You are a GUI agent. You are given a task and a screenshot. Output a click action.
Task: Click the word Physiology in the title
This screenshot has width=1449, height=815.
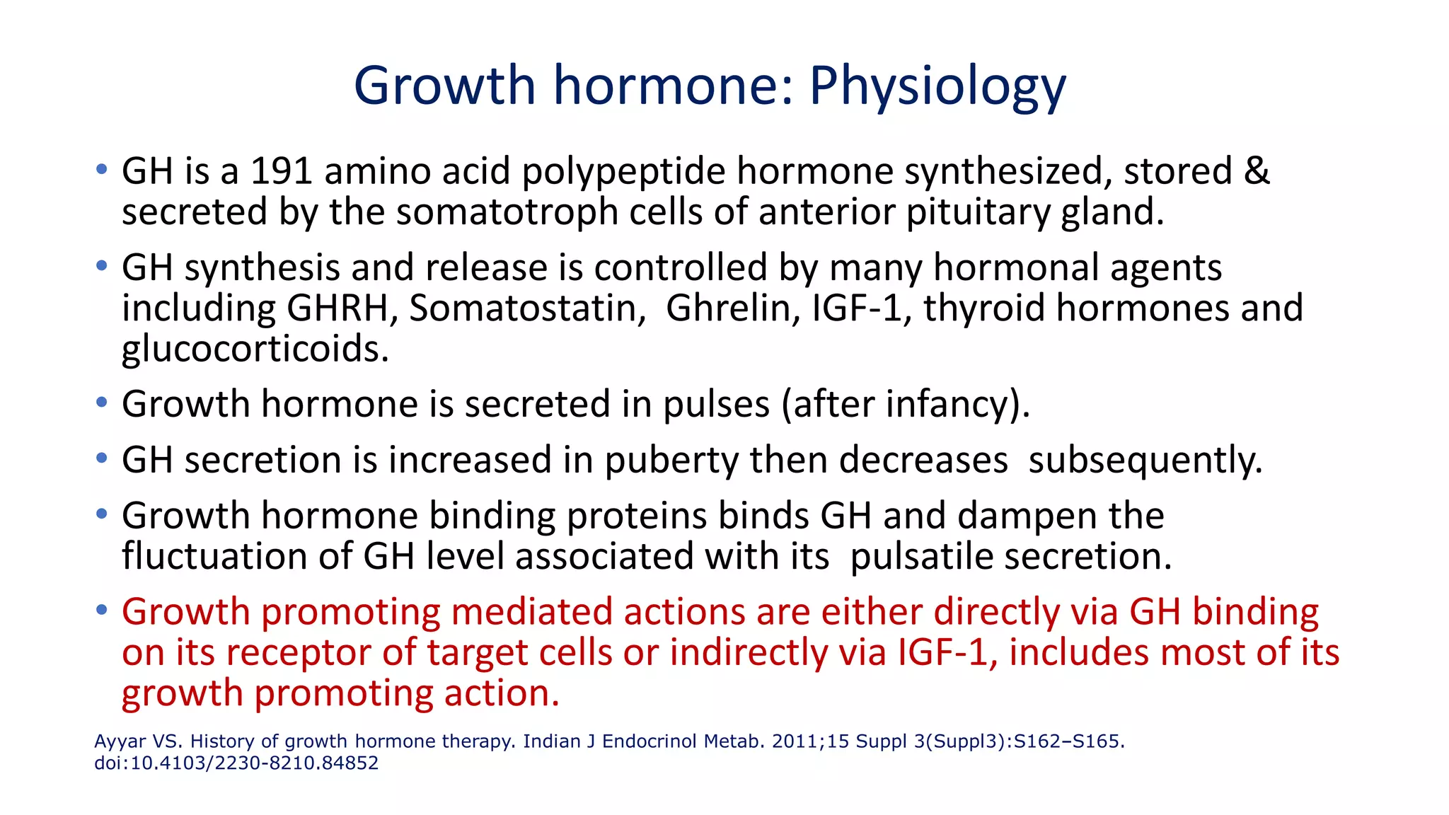(x=937, y=86)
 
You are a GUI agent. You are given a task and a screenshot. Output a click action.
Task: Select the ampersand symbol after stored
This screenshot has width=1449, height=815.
(x=1256, y=172)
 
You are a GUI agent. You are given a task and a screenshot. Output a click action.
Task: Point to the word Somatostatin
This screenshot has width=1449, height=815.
(x=527, y=308)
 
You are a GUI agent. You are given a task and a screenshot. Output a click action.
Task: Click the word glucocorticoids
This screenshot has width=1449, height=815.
(x=255, y=349)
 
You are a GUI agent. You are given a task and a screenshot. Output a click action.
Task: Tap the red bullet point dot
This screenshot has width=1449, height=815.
(x=102, y=609)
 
